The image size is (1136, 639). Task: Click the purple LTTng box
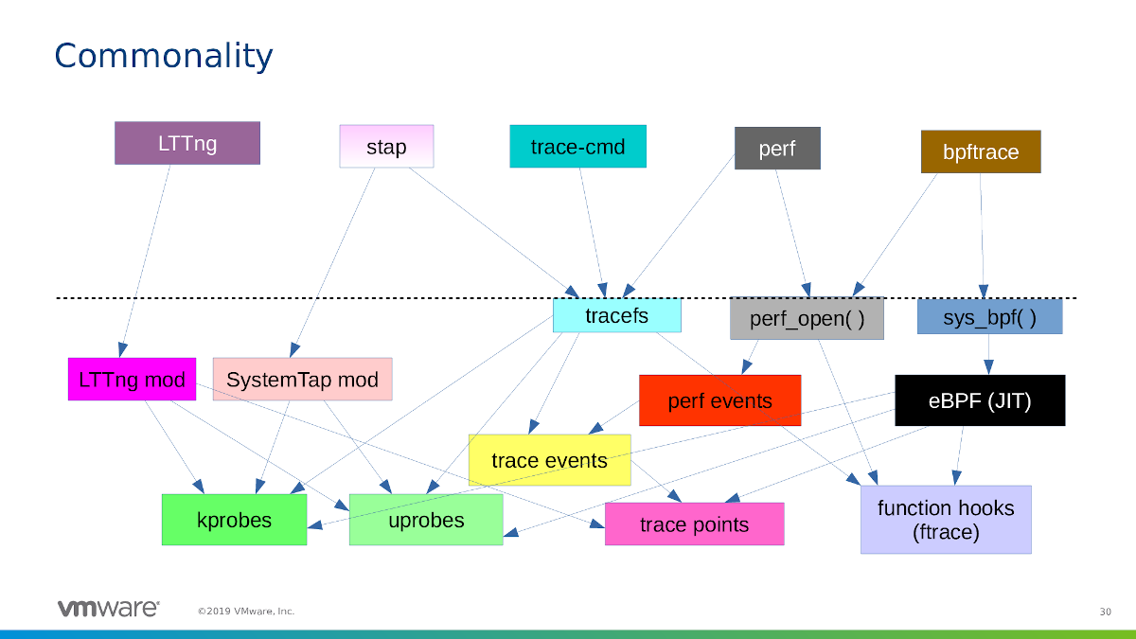click(187, 143)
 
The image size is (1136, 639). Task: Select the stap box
click(386, 147)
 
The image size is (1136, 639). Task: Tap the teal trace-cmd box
click(577, 147)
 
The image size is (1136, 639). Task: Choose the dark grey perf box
click(777, 149)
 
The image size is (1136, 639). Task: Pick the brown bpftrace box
click(981, 151)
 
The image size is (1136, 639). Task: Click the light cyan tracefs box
click(616, 315)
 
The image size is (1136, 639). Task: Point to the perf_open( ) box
click(807, 318)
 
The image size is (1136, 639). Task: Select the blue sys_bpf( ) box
click(989, 317)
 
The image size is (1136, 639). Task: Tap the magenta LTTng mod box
click(132, 380)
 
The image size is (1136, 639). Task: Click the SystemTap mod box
click(302, 380)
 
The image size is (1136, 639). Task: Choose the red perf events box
click(719, 400)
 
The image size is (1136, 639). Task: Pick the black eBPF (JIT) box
click(979, 400)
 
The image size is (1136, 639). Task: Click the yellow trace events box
click(549, 460)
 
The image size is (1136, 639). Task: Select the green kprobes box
click(234, 520)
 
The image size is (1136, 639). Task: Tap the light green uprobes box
click(426, 520)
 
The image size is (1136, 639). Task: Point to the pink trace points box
click(694, 524)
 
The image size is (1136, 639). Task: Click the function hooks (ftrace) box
click(945, 520)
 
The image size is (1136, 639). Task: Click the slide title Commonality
click(163, 56)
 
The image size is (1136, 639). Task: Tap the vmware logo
click(108, 609)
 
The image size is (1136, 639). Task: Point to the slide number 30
click(1105, 612)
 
